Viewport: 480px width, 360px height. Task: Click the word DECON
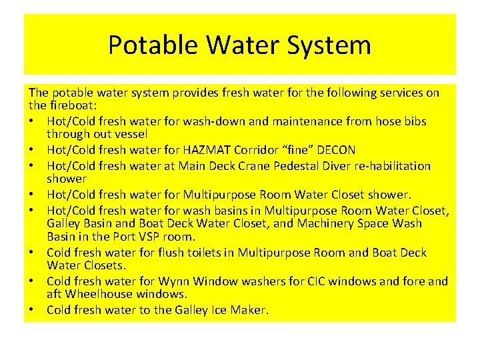click(x=333, y=149)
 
